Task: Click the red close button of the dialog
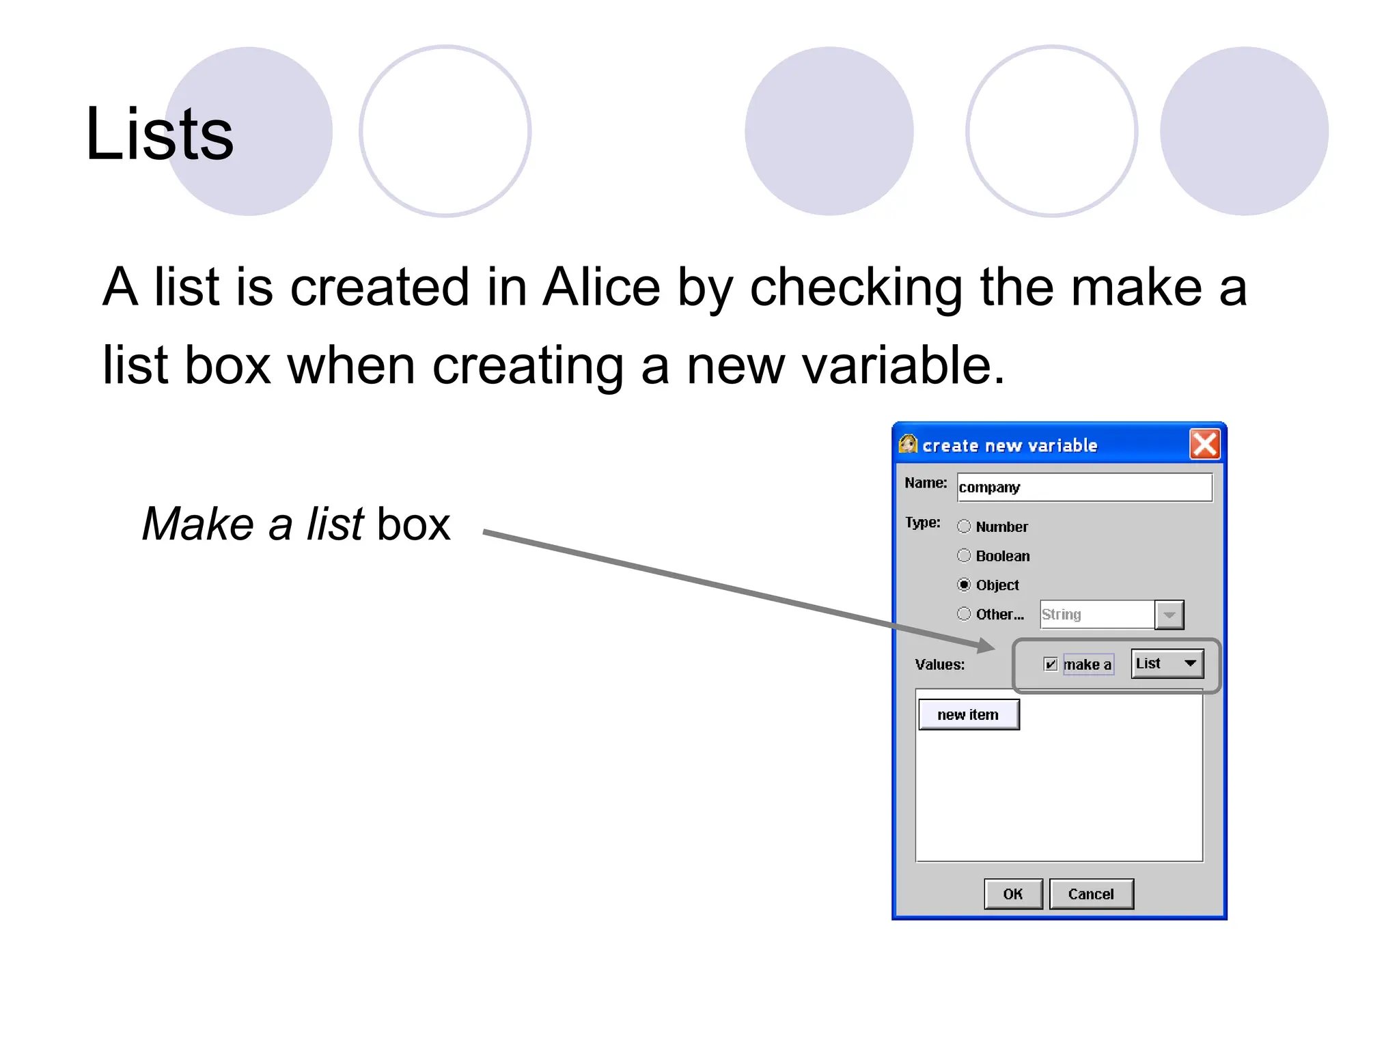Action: tap(1204, 445)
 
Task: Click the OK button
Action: tap(1013, 894)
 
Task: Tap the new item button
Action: tap(968, 715)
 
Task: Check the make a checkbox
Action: tap(1051, 665)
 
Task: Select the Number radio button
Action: tap(964, 527)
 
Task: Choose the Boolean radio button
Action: tap(964, 556)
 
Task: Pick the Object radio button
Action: tap(964, 585)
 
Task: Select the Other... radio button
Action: tap(964, 614)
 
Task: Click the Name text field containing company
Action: tap(1084, 488)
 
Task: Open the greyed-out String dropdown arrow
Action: tap(1169, 615)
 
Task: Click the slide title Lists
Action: tap(159, 135)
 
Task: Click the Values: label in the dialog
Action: tap(939, 665)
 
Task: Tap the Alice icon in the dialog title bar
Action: tap(908, 445)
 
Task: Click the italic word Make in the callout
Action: tap(197, 524)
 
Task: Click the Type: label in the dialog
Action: tap(922, 523)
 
